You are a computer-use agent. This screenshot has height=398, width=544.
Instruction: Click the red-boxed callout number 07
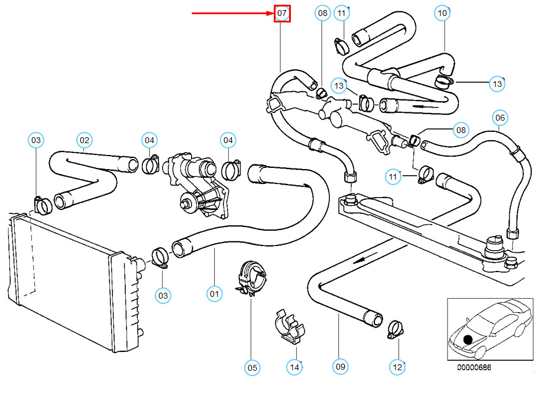(x=283, y=13)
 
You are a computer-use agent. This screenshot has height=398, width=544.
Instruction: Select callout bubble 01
(x=214, y=293)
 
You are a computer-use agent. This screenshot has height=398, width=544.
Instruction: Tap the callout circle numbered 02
(x=85, y=140)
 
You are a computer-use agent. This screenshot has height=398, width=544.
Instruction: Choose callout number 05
(x=252, y=368)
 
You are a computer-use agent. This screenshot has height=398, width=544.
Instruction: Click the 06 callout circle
(x=500, y=118)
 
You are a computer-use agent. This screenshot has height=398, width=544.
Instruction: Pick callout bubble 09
(x=340, y=367)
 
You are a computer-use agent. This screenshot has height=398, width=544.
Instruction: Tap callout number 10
(x=443, y=12)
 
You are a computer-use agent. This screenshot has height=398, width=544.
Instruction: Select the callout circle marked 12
(x=397, y=367)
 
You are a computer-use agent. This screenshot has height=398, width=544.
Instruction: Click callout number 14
(x=294, y=367)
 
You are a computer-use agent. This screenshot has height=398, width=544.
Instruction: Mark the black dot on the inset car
(x=468, y=339)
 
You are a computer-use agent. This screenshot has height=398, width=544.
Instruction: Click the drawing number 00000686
(x=474, y=367)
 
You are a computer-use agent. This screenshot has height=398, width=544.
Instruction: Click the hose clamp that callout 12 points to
(x=394, y=328)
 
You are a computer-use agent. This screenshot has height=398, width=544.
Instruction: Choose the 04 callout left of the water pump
(x=149, y=140)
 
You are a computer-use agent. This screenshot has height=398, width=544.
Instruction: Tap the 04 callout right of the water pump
(x=228, y=140)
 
